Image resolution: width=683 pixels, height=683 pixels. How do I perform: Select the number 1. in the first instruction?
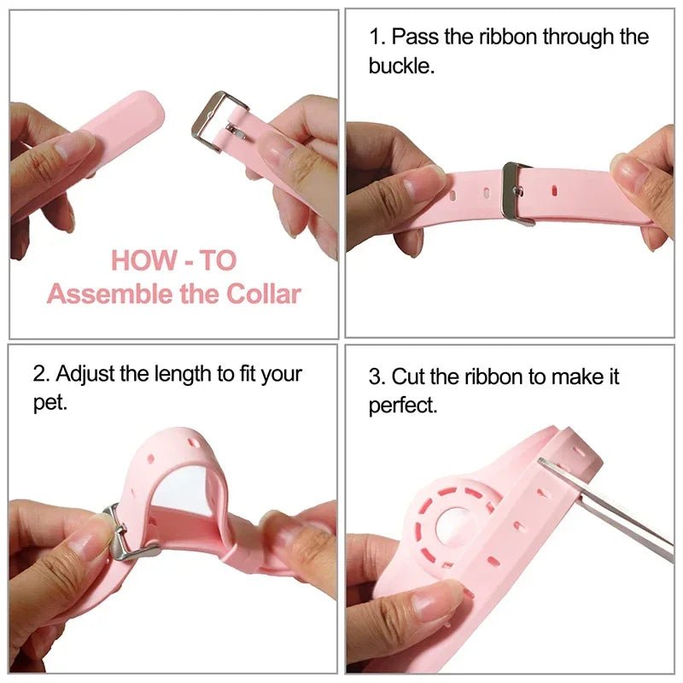coord(377,38)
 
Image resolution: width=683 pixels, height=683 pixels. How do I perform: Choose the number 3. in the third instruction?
coord(377,377)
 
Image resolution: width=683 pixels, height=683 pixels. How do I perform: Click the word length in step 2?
coord(189,374)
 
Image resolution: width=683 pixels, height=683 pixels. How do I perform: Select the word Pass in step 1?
coord(412,38)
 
